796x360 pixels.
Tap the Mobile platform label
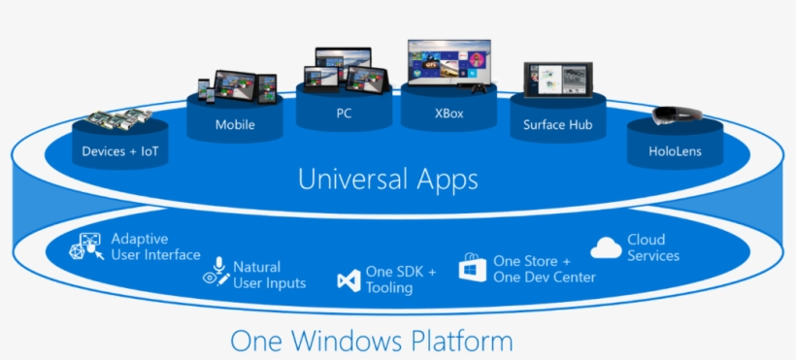[x=235, y=125]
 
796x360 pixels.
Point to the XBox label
[x=449, y=113]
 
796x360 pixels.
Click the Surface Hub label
[x=558, y=125]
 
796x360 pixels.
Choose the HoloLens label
[x=675, y=151]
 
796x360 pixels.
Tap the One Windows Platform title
[x=372, y=341]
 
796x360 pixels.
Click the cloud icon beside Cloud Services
[x=606, y=247]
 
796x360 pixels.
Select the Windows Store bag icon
[x=472, y=269]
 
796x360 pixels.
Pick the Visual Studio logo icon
[x=348, y=280]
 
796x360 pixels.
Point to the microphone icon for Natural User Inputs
[x=216, y=273]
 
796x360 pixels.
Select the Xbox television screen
[x=449, y=63]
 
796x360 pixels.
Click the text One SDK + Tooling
[x=401, y=279]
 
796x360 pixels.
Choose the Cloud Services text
[x=653, y=247]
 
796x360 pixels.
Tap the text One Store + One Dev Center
[x=545, y=269]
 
